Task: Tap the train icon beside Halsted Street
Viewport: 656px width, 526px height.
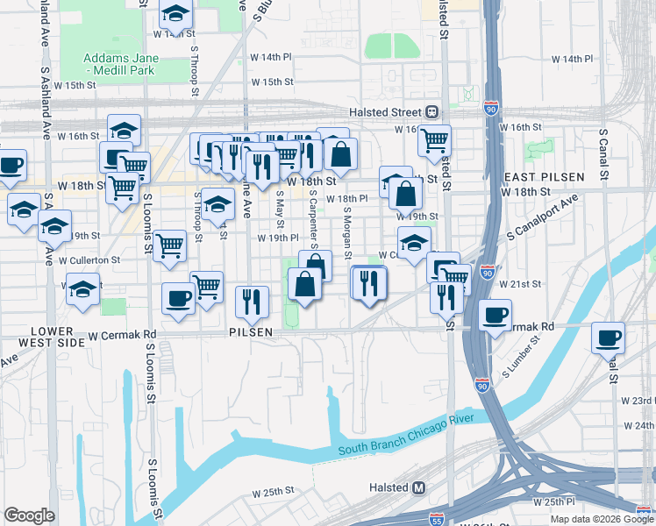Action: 431,112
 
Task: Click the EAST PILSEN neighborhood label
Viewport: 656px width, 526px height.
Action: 544,177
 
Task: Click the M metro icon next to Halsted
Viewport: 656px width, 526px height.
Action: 418,487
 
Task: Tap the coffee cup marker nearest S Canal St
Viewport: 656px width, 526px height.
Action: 608,337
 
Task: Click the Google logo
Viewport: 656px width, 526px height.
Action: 29,515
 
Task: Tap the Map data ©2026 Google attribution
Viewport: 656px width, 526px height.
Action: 601,518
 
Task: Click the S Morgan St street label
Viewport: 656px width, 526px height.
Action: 347,234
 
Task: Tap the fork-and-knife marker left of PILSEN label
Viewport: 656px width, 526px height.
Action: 252,300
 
